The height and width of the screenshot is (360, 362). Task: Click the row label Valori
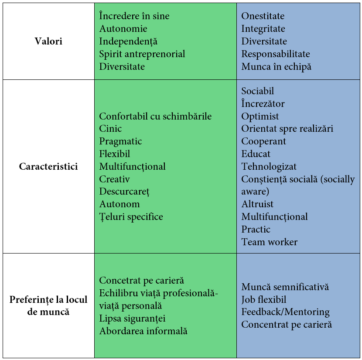(x=48, y=41)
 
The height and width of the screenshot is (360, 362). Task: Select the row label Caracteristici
(x=48, y=167)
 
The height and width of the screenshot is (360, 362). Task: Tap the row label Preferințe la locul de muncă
(x=48, y=305)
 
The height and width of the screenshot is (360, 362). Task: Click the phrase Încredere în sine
(x=134, y=16)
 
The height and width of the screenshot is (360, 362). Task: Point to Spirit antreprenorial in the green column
(x=142, y=54)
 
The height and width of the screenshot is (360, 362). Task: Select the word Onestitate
(x=263, y=16)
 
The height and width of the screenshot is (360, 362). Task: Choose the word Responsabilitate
(x=276, y=54)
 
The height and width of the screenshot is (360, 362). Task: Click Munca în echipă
(x=277, y=67)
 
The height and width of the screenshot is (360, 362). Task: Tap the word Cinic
(x=110, y=129)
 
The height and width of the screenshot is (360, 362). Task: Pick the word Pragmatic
(x=120, y=141)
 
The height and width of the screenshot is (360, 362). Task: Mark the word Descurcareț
(x=124, y=192)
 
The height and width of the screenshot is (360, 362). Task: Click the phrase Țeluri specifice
(x=131, y=217)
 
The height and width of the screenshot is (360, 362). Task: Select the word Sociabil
(x=258, y=91)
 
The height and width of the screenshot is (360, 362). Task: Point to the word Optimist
(x=260, y=116)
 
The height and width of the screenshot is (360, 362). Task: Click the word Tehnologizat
(x=269, y=167)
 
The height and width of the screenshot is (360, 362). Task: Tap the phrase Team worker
(x=270, y=242)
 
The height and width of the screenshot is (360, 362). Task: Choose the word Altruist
(x=257, y=204)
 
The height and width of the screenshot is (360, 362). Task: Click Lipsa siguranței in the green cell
(x=132, y=319)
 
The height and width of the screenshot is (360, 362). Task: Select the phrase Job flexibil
(x=264, y=300)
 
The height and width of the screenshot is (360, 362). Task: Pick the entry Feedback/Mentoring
(x=286, y=312)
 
